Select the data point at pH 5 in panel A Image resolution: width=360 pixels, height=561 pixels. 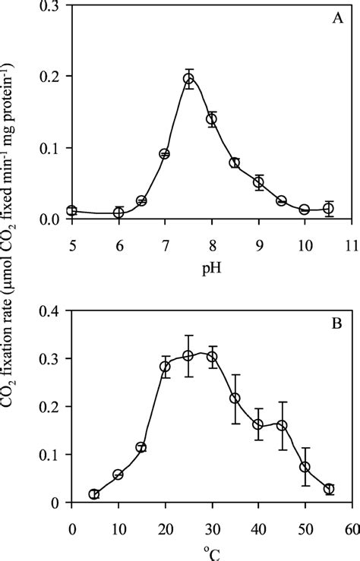[71, 210]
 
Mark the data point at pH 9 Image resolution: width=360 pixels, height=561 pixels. [258, 182]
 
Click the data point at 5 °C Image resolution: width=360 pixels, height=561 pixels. [94, 494]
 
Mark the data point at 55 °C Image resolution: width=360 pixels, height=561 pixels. [328, 489]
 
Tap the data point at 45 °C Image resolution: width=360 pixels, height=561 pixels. [282, 425]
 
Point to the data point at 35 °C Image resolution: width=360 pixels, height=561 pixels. [235, 398]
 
